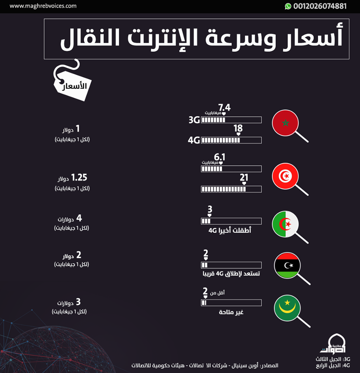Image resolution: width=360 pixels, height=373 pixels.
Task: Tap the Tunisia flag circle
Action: tap(286, 176)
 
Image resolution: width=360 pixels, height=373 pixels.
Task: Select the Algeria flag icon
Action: tap(286, 224)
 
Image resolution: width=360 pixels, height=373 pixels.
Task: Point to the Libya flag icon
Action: tap(288, 265)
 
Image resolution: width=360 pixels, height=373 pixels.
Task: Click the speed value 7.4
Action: tap(224, 107)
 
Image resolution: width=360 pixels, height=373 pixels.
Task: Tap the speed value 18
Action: tap(238, 129)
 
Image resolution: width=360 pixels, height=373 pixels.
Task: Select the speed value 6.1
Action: tap(220, 157)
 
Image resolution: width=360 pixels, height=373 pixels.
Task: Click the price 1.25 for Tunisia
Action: tap(79, 178)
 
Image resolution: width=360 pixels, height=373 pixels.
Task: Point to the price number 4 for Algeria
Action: tap(79, 218)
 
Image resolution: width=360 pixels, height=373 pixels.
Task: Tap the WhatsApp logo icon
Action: tap(288, 6)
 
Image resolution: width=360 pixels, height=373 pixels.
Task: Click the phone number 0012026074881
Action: tap(320, 6)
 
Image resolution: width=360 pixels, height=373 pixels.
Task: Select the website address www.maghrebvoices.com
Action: tap(43, 6)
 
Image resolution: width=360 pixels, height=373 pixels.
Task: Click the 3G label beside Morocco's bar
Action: tap(194, 120)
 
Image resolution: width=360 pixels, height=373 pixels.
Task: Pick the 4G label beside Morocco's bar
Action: tap(194, 140)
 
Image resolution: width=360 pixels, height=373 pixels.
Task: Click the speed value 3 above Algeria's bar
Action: tap(210, 209)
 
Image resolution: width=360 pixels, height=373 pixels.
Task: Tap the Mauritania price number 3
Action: tap(78, 302)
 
